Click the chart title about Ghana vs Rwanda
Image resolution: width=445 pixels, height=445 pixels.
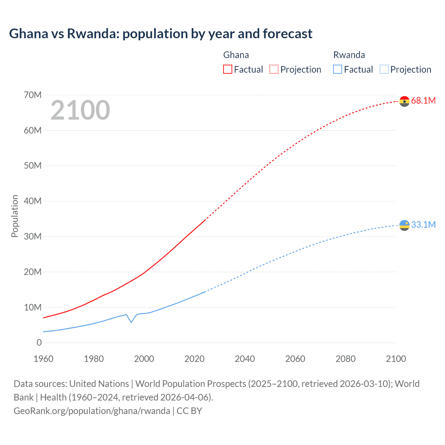click(x=161, y=34)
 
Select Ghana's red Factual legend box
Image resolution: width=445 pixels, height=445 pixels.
click(x=227, y=69)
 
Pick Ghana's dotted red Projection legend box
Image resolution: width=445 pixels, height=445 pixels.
click(x=274, y=69)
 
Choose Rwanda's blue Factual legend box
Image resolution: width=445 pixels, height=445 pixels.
click(x=338, y=69)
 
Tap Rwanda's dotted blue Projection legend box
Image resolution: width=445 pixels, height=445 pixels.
click(x=384, y=69)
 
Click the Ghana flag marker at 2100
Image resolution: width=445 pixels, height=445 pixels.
click(x=404, y=101)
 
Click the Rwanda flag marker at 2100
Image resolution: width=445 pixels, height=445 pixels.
click(x=404, y=225)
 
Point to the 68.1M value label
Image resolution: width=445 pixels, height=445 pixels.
click(x=423, y=100)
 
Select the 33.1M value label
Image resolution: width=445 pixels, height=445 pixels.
click(x=423, y=225)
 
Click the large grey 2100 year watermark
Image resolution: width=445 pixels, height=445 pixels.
click(x=80, y=110)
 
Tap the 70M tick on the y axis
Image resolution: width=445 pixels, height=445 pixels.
click(x=33, y=95)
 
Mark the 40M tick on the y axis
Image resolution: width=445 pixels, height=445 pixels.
click(x=33, y=201)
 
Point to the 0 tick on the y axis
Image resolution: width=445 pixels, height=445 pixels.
click(x=39, y=342)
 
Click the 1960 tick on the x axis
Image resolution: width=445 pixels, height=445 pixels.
click(x=43, y=359)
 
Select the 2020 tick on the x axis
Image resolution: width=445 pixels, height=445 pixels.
click(x=194, y=359)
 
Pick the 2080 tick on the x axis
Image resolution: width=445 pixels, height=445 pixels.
click(x=346, y=359)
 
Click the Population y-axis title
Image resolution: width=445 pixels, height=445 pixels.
click(x=15, y=216)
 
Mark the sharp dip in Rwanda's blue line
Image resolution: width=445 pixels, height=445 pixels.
click(x=131, y=322)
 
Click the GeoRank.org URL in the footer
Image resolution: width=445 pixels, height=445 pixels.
click(x=92, y=411)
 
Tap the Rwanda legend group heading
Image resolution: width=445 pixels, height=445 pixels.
click(x=349, y=55)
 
